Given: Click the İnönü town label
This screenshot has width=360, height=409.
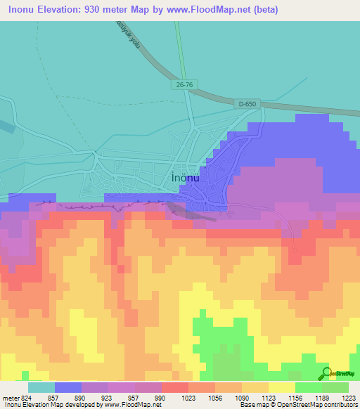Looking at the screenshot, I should [186, 178].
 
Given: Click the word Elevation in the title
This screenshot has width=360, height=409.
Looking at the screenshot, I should [64, 10].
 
